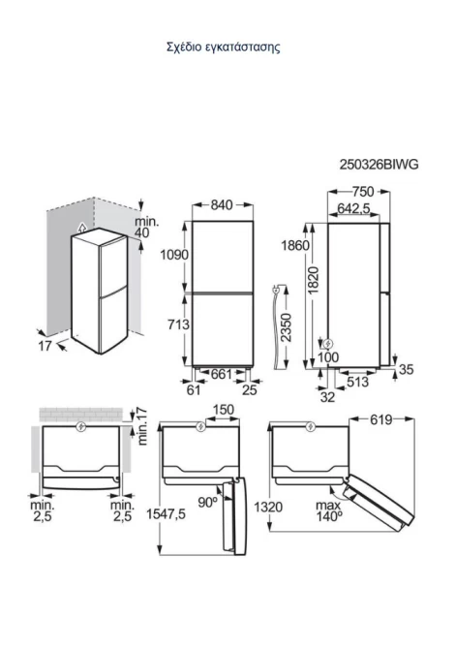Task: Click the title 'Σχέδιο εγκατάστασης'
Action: click(224, 46)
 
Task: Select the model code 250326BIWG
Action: click(379, 165)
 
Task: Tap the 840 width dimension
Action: click(222, 205)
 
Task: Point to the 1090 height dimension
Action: click(174, 255)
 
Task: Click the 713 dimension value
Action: click(178, 324)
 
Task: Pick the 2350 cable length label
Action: click(286, 327)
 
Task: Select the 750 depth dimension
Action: click(363, 192)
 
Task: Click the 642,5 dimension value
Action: click(353, 208)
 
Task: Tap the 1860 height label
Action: click(295, 245)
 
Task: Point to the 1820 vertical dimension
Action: click(314, 280)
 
